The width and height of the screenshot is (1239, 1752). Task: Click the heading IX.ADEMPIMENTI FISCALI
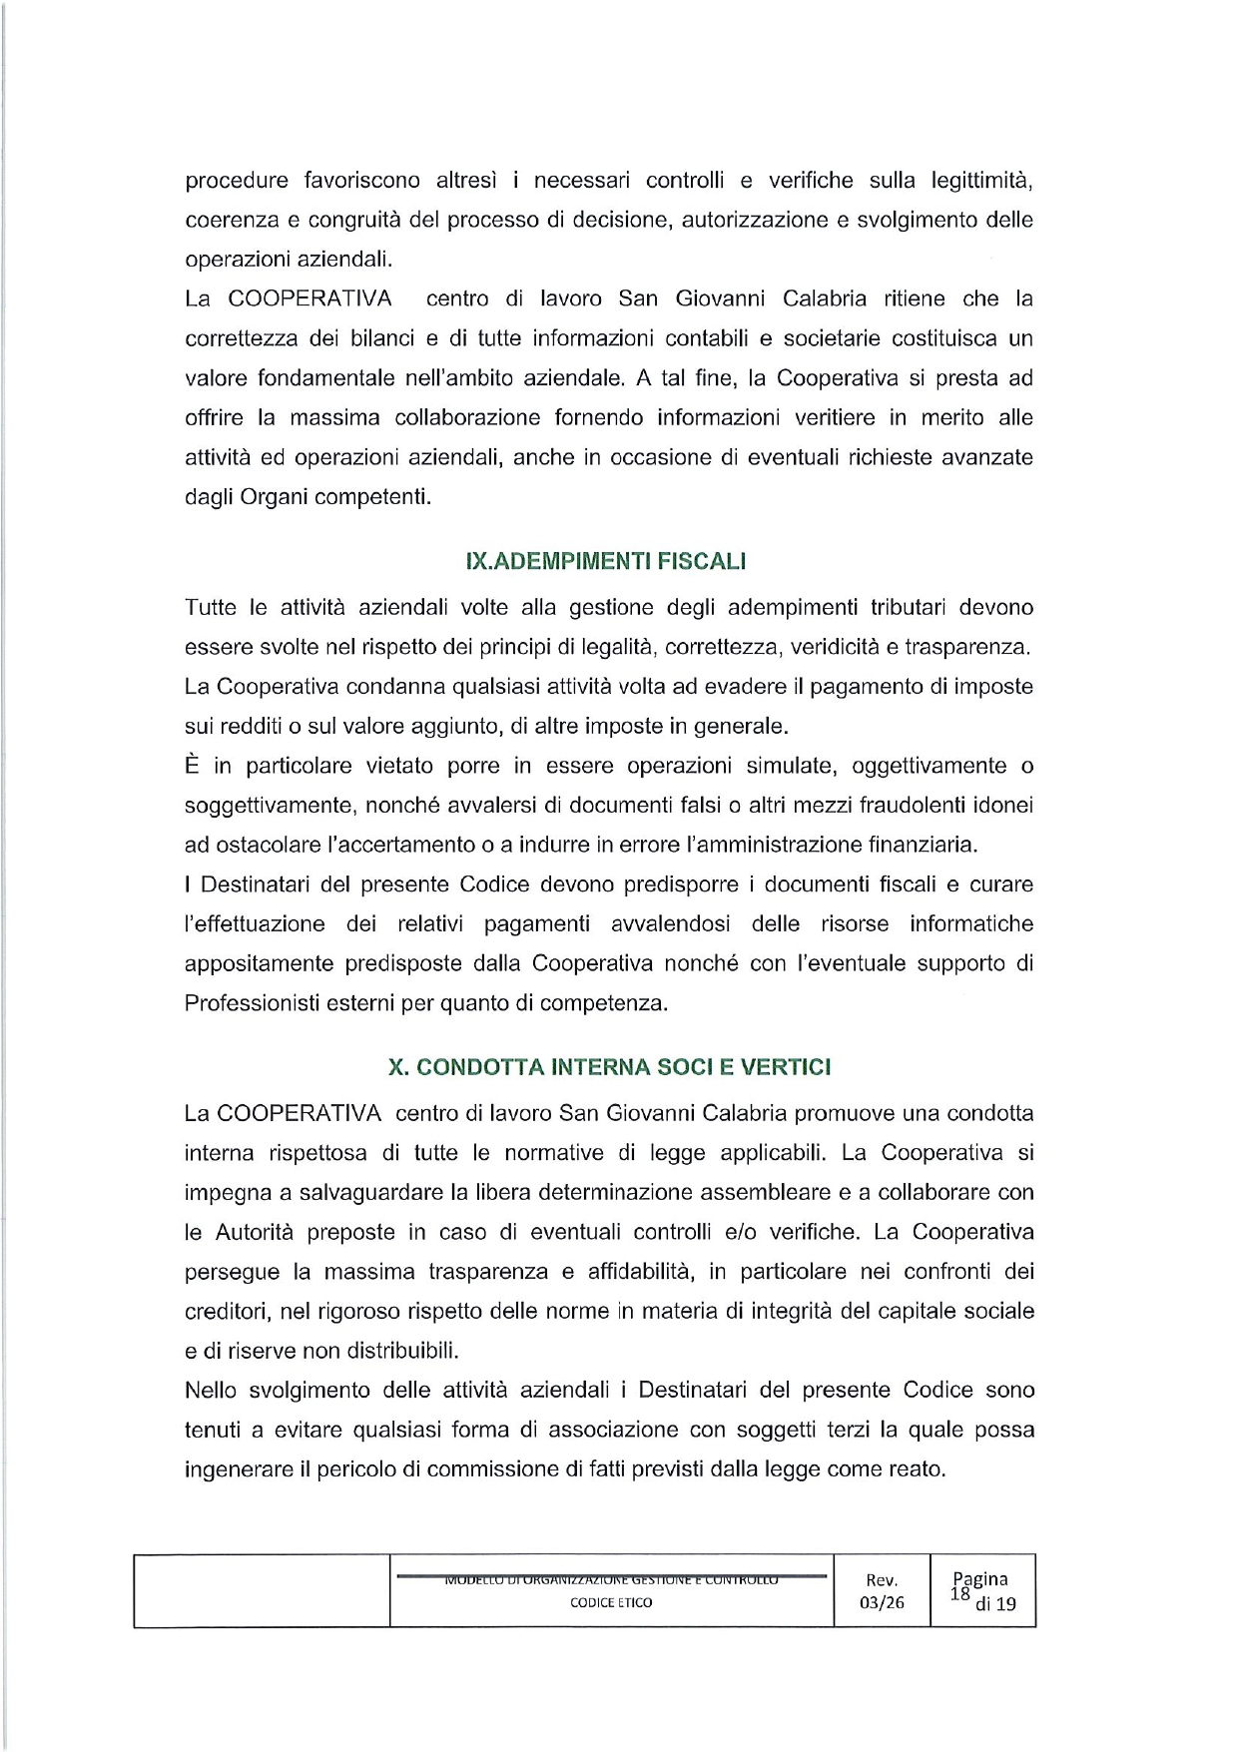coord(606,561)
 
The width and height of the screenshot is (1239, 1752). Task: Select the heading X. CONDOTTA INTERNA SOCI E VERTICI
coord(609,1067)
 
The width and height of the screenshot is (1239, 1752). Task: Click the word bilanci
coord(380,338)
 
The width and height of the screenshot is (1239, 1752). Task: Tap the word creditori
coord(226,1311)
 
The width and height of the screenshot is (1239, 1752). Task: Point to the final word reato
coord(917,1468)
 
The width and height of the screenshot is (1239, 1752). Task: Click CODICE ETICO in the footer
coord(611,1602)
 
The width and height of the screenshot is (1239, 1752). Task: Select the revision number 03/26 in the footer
coord(882,1603)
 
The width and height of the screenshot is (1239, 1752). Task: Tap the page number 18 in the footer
coord(959,1594)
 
